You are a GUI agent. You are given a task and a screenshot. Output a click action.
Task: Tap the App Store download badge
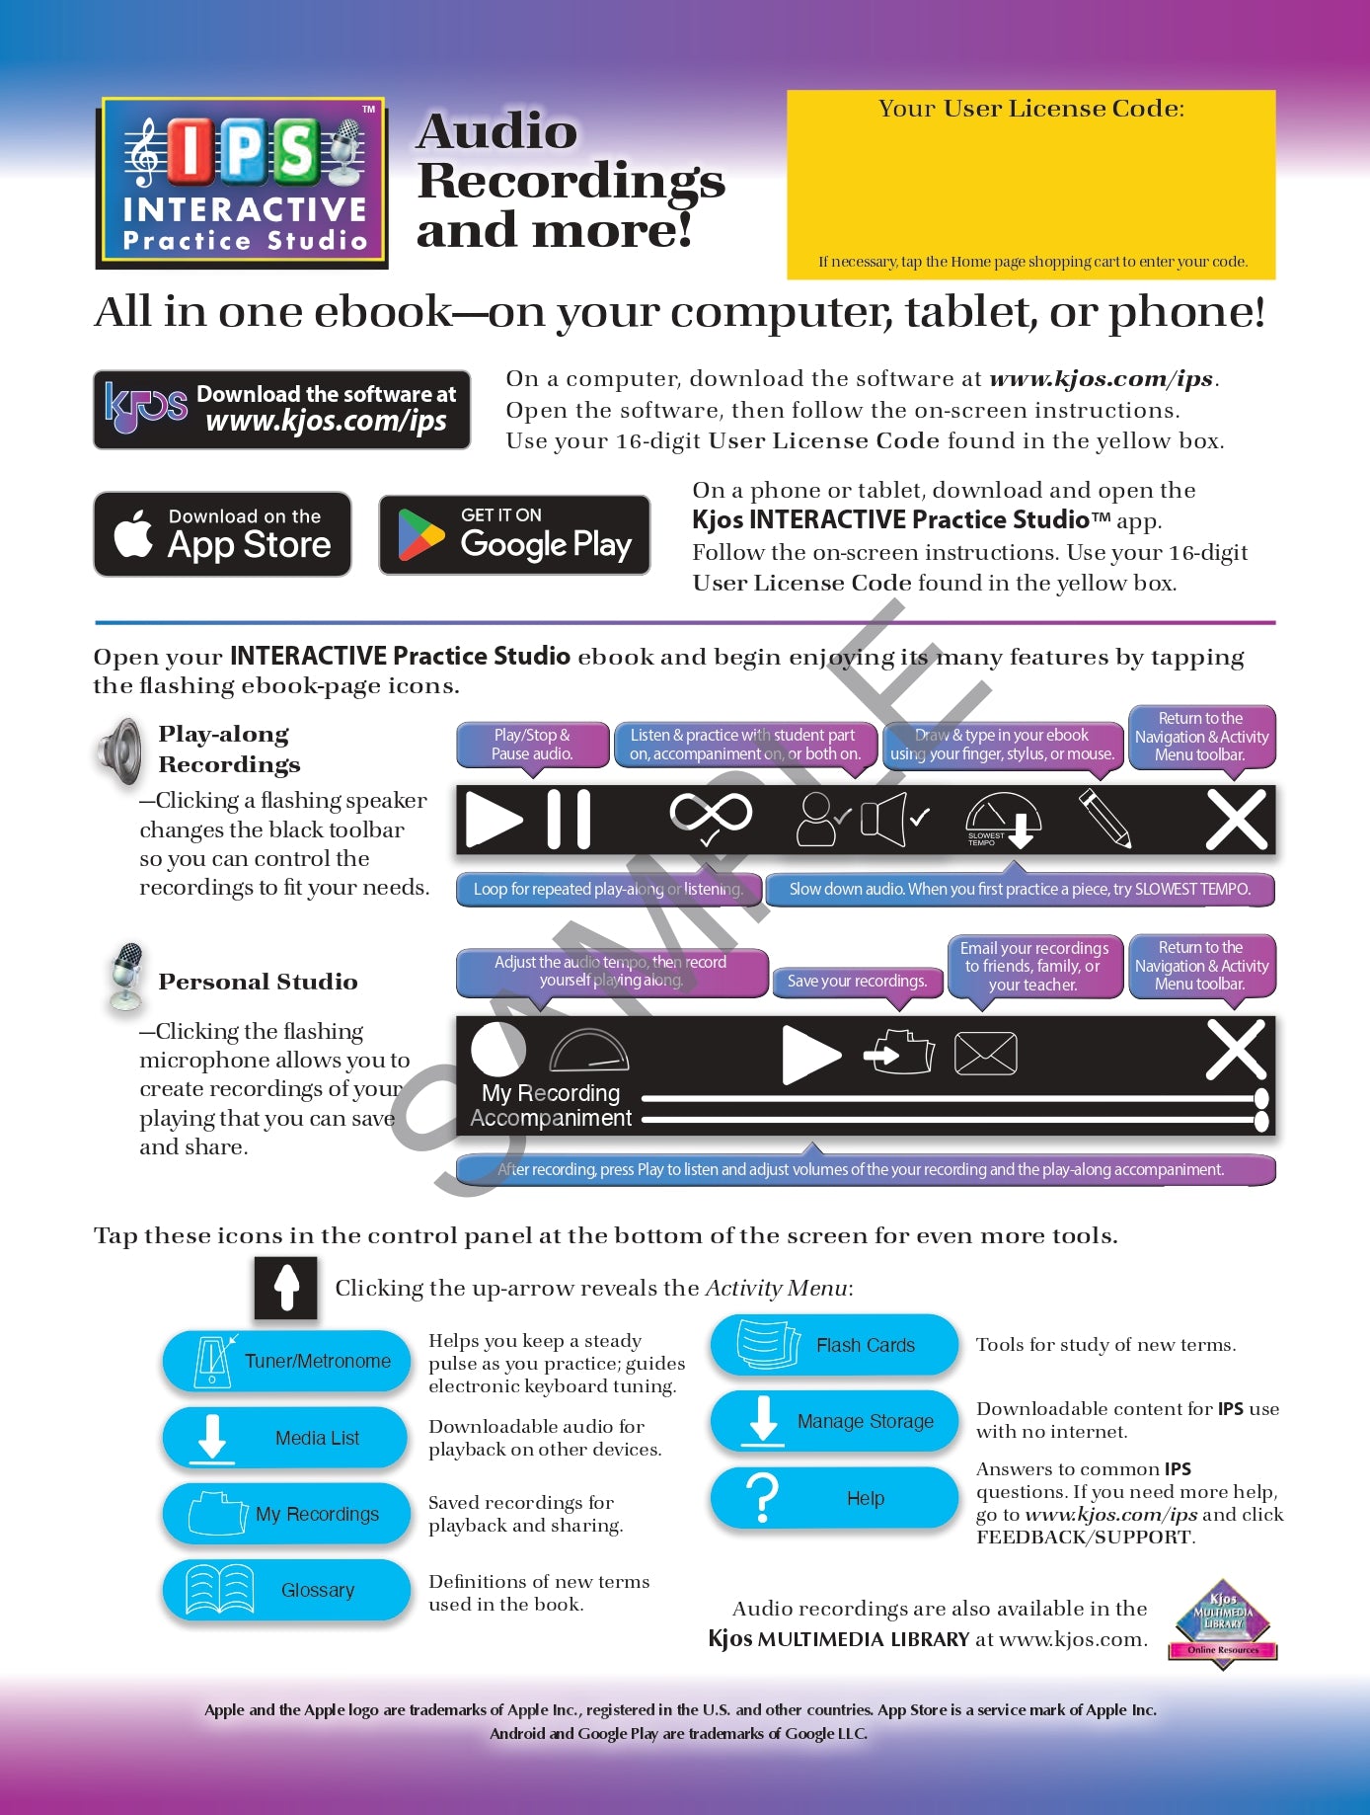(x=222, y=534)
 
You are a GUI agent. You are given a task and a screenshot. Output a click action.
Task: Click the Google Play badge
(x=514, y=534)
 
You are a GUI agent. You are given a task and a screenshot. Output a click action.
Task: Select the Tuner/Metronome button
(x=286, y=1361)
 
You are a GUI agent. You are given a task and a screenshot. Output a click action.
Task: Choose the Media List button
(x=286, y=1437)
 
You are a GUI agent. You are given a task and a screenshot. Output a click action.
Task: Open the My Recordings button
(x=286, y=1513)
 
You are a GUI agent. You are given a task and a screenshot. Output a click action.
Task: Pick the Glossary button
(x=286, y=1590)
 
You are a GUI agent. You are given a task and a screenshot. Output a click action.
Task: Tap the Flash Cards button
(x=834, y=1345)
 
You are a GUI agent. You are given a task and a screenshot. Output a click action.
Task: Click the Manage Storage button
(x=834, y=1421)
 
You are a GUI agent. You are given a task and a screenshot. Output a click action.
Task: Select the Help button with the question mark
(x=834, y=1497)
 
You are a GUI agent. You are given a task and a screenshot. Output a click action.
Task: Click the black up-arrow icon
(x=286, y=1288)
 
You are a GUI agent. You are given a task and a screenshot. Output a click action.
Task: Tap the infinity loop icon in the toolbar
(x=711, y=816)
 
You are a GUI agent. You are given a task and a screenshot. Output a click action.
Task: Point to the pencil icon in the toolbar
(x=1104, y=819)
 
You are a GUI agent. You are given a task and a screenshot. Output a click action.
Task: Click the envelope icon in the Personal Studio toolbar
(x=985, y=1053)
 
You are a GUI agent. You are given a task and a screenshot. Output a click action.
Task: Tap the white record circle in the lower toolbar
(x=498, y=1049)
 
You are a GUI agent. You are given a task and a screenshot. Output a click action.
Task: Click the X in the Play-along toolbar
(x=1237, y=820)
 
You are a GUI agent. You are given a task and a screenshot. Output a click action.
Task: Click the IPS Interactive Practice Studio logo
(x=242, y=183)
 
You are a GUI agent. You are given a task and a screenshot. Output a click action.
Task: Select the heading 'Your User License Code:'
(x=1031, y=109)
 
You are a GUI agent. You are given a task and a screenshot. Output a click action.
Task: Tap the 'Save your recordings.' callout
(x=857, y=982)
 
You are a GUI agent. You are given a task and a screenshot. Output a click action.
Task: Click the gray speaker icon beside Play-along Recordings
(x=119, y=752)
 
